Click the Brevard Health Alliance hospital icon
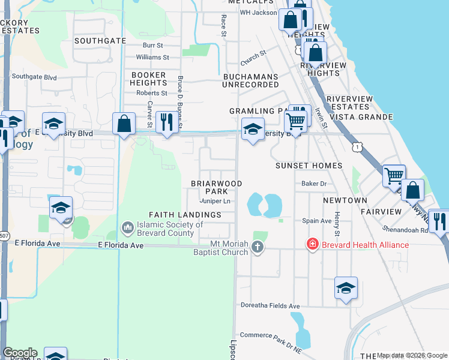(x=312, y=244)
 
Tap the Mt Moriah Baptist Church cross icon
(x=258, y=247)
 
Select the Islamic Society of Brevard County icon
(x=127, y=227)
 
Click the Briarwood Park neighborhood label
(x=216, y=187)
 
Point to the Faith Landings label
(x=185, y=215)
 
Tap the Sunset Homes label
(x=309, y=166)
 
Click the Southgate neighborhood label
(x=100, y=41)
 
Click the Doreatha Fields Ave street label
(x=270, y=306)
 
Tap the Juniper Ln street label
(x=215, y=201)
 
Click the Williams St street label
(x=152, y=57)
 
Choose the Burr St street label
(x=153, y=45)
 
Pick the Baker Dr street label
(x=313, y=184)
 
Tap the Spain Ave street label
(x=317, y=221)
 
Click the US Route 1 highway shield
(x=358, y=146)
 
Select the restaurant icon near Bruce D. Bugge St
(x=164, y=122)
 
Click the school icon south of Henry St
(x=345, y=287)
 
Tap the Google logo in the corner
(x=20, y=353)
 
